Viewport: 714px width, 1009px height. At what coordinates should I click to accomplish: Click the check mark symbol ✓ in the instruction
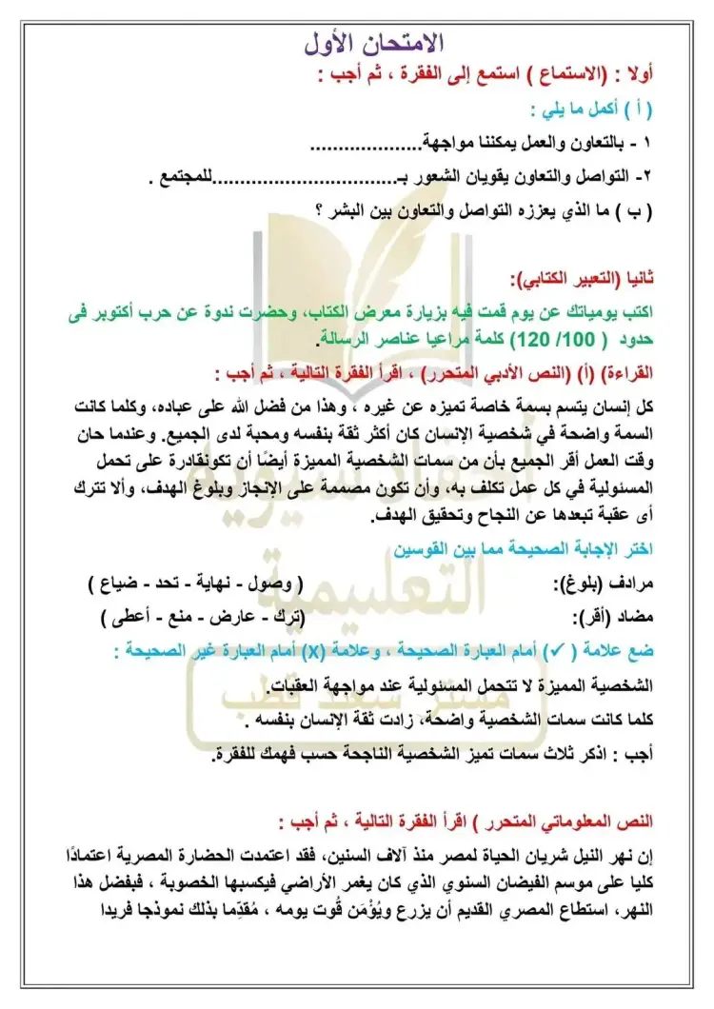point(551,652)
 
